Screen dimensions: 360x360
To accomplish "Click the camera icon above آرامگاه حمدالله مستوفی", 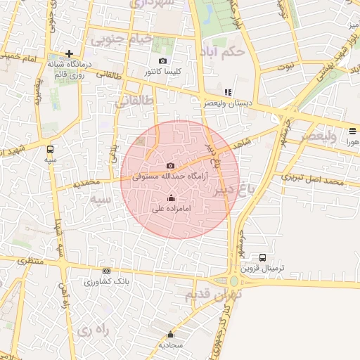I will coord(170,166).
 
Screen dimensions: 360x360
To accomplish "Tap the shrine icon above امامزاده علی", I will coord(170,198).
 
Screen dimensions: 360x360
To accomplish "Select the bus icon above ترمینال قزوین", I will coord(263,257).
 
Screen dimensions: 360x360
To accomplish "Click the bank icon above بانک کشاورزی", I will coord(106,271).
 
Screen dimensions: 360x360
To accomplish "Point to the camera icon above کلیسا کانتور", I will coord(163,61).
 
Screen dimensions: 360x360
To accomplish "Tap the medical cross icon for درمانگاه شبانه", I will coord(69,53).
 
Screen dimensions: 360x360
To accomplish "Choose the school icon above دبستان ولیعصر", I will coord(227,92).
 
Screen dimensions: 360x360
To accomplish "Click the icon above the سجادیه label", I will coord(170,334).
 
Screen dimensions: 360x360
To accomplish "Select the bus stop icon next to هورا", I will coord(352,130).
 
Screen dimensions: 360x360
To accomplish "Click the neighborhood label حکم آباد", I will coord(221,52).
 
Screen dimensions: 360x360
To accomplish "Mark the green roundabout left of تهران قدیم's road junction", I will coord(234,280).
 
